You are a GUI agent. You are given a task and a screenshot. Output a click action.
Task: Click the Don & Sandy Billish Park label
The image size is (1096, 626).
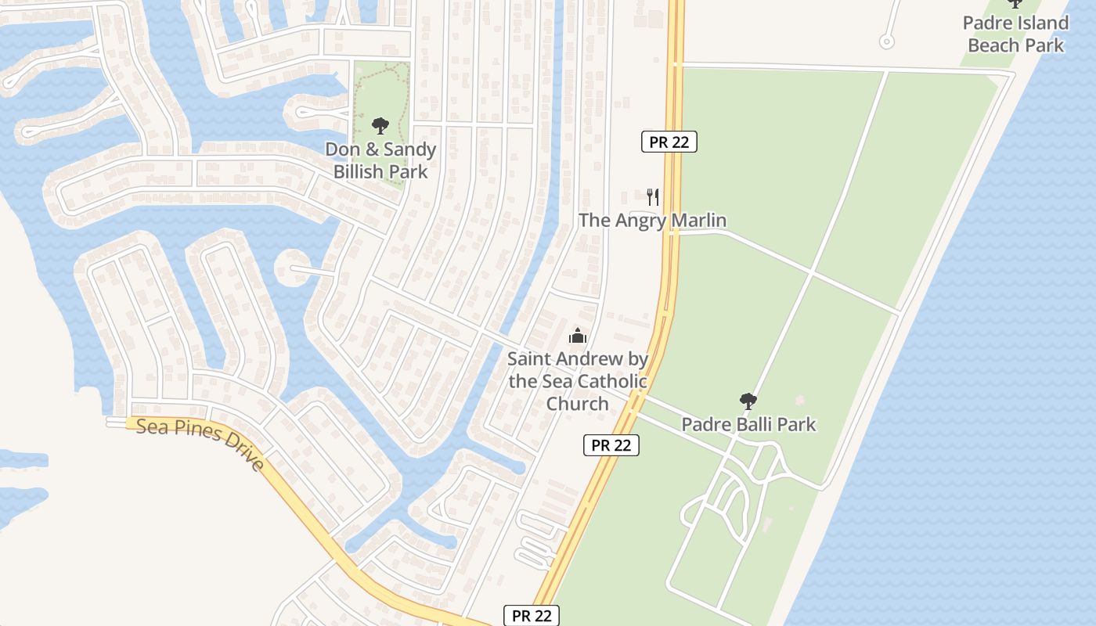pos(380,160)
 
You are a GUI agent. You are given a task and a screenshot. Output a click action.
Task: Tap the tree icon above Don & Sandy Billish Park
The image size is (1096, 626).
pos(380,125)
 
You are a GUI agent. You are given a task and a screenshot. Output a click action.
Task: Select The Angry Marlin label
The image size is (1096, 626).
pos(652,221)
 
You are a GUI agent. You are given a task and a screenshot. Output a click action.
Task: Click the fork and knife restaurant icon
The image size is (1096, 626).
pos(653,196)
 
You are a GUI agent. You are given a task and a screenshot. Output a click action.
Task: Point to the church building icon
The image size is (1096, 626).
pos(578,336)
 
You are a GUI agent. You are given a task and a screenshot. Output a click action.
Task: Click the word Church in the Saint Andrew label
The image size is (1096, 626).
pos(577,404)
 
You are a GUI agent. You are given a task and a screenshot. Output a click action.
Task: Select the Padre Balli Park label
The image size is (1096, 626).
pos(748,424)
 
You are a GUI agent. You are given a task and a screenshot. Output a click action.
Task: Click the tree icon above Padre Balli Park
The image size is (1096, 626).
pos(748,401)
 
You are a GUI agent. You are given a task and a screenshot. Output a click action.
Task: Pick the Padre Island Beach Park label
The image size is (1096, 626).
pos(1015,34)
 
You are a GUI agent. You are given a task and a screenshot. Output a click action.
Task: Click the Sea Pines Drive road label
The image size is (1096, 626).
pos(200,444)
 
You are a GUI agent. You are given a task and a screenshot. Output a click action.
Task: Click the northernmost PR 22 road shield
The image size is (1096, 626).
pos(669,142)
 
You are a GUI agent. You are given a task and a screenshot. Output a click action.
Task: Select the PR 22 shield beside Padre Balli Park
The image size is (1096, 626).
pos(611,445)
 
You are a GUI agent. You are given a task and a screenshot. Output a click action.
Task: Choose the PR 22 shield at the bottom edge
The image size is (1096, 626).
pos(532,616)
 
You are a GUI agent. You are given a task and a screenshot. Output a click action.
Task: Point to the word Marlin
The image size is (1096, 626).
pos(697,221)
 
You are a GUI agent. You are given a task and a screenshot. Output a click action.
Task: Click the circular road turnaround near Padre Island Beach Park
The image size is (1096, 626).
pos(887,41)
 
